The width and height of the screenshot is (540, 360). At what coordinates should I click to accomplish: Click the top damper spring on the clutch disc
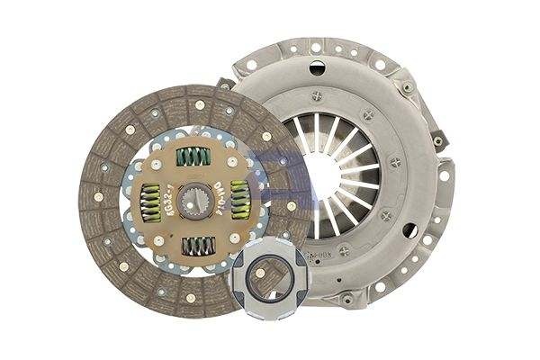[x=193, y=157]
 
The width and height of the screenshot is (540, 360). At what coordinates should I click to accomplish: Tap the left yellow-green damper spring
[x=150, y=202]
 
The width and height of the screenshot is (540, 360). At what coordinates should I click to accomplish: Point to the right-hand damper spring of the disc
[x=239, y=200]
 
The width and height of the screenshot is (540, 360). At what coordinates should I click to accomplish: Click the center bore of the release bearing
[x=264, y=281]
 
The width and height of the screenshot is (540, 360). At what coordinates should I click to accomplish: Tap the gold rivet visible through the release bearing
[x=260, y=273]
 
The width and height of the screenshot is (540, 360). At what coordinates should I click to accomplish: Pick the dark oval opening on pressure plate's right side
[x=409, y=231]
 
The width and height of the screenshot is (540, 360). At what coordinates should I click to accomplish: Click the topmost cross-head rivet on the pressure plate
[x=316, y=94]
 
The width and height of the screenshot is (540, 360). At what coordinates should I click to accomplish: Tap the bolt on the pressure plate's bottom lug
[x=346, y=298]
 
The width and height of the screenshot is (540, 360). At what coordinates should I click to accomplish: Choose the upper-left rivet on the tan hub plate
[x=158, y=163]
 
